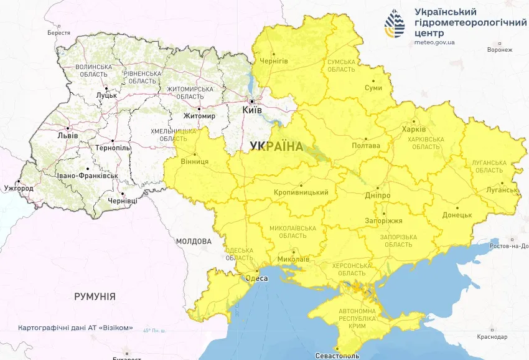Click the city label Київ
(x=252, y=110)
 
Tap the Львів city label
(x=68, y=135)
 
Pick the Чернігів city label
(x=273, y=60)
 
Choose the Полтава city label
(x=366, y=146)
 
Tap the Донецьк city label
(x=457, y=215)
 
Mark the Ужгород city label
(x=19, y=187)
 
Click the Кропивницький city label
(x=301, y=192)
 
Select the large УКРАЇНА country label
(x=276, y=146)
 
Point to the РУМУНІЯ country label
(x=95, y=296)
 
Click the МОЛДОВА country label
(x=194, y=241)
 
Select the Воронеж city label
(x=500, y=50)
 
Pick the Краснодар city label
(x=492, y=336)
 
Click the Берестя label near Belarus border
(x=59, y=32)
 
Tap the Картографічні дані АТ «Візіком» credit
(x=75, y=328)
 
